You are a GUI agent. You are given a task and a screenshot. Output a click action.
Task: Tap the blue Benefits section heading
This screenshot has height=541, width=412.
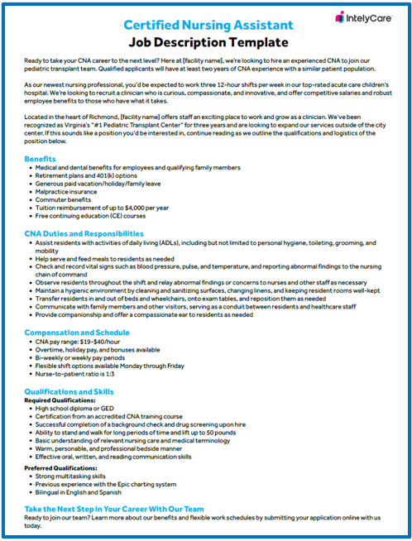point(41,158)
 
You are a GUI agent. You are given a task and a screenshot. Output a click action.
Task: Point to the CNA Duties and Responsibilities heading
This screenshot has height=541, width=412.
point(84,234)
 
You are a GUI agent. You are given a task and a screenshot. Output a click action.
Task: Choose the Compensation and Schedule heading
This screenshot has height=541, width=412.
point(76,332)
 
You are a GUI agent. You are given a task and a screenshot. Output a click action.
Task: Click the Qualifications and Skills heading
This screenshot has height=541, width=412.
point(69,390)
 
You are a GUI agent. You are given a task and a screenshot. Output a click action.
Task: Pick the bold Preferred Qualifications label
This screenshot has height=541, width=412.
point(60,467)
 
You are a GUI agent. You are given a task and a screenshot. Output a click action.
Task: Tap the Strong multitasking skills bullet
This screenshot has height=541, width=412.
point(71,476)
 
